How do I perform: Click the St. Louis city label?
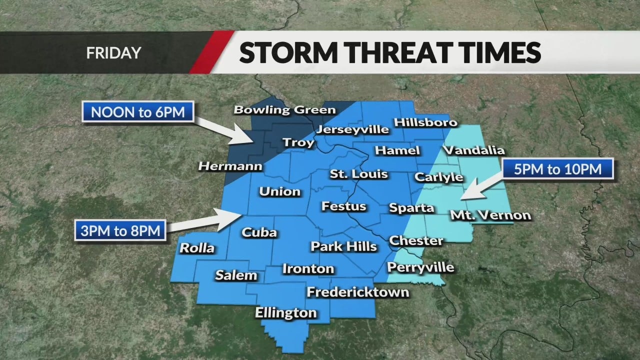(x=358, y=174)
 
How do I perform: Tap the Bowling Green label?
(x=284, y=109)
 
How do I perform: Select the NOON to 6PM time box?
(x=137, y=111)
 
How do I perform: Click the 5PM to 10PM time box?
(x=557, y=169)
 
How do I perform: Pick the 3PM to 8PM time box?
(x=120, y=231)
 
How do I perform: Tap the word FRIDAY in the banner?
(x=113, y=52)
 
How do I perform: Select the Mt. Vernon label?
(x=490, y=215)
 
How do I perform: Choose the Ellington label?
(x=286, y=313)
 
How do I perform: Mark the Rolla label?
(x=197, y=248)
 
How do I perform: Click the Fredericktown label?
(x=357, y=291)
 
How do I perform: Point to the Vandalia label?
(x=474, y=150)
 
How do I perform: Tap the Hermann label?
(x=230, y=166)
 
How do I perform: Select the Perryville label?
(x=420, y=267)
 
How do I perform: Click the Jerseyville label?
(x=352, y=130)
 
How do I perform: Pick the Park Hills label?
(x=343, y=246)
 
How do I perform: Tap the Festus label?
(x=343, y=206)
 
